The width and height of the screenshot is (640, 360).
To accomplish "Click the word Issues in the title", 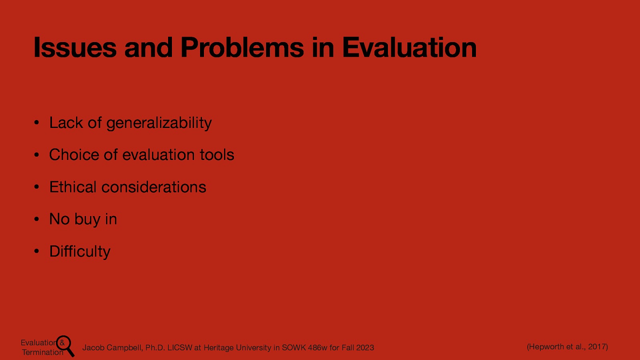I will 75,48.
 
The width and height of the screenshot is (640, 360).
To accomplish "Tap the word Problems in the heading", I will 242,48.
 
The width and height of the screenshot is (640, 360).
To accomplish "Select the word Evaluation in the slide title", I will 409,48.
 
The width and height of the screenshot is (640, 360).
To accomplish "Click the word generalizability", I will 159,123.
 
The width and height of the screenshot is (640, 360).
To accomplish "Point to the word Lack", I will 66,123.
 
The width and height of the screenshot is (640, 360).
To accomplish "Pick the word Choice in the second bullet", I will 74,155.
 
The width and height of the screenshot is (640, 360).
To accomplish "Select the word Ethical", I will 73,187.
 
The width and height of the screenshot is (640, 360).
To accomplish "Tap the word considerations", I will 154,187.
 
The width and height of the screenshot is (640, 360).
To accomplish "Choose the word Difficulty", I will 80,252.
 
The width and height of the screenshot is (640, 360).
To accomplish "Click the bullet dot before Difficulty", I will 36,252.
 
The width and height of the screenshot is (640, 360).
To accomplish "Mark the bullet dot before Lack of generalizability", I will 36,123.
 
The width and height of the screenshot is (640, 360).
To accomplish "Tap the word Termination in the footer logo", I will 42,352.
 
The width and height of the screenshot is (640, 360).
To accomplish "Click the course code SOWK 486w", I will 304,348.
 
